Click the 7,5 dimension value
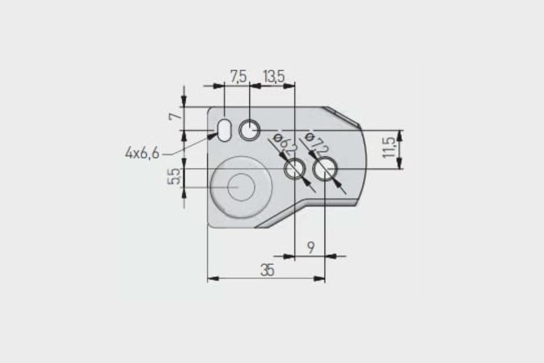pyautogui.click(x=238, y=76)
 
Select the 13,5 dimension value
pyautogui.click(x=273, y=76)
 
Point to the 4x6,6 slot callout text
pyautogui.click(x=142, y=153)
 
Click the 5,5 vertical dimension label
pyautogui.click(x=175, y=177)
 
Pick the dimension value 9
pyautogui.click(x=311, y=247)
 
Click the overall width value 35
pyautogui.click(x=267, y=271)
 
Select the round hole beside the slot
pyautogui.click(x=249, y=130)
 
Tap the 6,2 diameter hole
pyautogui.click(x=295, y=169)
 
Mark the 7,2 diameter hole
pyautogui.click(x=325, y=169)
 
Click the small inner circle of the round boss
pyautogui.click(x=241, y=187)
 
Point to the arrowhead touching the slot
pyautogui.click(x=213, y=136)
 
